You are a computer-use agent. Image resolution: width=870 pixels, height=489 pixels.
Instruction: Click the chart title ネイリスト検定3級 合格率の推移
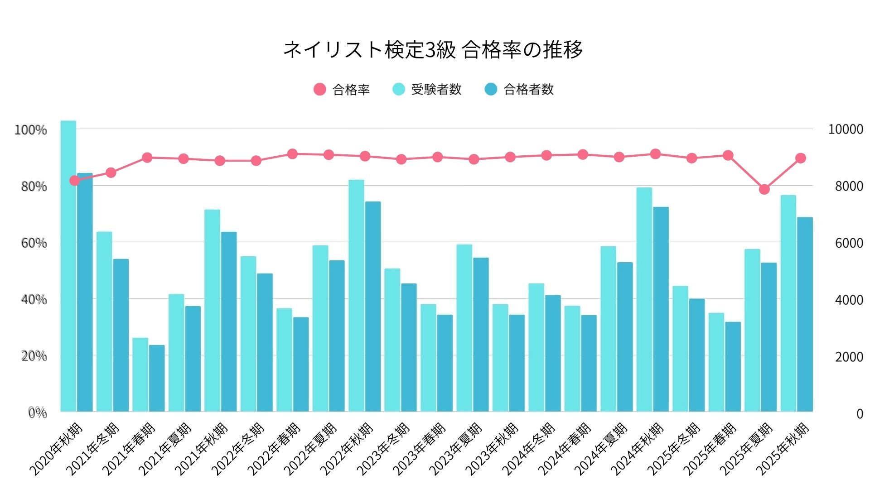tap(433, 49)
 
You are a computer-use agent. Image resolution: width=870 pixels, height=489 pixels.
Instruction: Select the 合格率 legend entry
tap(342, 89)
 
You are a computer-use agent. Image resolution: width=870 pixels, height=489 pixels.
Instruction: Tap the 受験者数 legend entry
tap(427, 89)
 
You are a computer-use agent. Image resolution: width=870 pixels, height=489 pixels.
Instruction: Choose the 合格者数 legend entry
tap(519, 89)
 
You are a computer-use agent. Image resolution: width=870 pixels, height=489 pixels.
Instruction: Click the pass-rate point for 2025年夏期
tap(764, 189)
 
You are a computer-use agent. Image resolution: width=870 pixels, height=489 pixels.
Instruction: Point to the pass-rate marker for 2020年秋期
tap(75, 181)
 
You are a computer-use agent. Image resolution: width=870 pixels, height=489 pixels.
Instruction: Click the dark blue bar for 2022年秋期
tap(373, 307)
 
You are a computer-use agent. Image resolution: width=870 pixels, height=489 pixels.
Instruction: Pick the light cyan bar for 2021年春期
tap(140, 375)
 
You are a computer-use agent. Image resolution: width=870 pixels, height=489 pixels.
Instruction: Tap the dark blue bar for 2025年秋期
tap(805, 315)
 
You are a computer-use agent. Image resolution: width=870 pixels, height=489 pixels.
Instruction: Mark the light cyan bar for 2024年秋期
tap(644, 300)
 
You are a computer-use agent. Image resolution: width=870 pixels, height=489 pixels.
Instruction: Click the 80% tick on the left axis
tap(34, 187)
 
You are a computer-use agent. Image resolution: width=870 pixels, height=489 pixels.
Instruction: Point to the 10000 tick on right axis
tap(845, 129)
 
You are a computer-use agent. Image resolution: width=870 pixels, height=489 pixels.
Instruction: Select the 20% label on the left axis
tap(34, 356)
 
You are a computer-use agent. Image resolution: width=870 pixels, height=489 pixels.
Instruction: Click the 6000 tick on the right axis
tap(849, 243)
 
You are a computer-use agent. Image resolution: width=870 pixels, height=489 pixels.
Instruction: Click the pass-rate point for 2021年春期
tap(147, 158)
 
